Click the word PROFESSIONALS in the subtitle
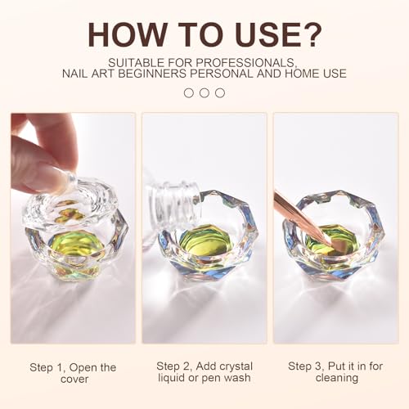point(245,63)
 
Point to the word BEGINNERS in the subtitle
point(150,74)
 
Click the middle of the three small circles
point(204,93)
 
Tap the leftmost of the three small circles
point(189,93)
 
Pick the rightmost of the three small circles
point(220,93)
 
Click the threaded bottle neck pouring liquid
point(174,203)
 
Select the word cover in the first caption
point(74,380)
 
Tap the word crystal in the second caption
point(236,366)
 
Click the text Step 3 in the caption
point(306,366)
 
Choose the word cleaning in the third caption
point(337,378)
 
